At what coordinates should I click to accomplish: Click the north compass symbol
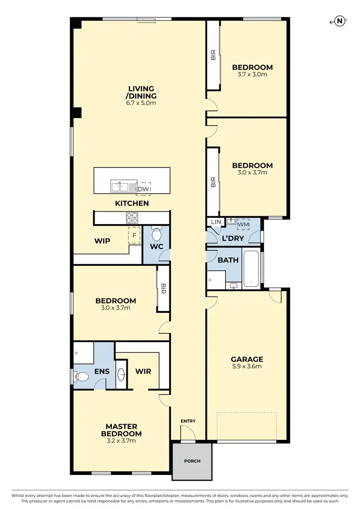pyautogui.click(x=339, y=21)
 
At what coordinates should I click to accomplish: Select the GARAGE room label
pyautogui.click(x=247, y=359)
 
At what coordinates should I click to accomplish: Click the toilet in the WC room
pyautogui.click(x=156, y=235)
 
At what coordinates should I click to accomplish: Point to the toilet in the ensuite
pyautogui.click(x=82, y=376)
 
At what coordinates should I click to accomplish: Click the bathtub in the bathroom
pyautogui.click(x=251, y=269)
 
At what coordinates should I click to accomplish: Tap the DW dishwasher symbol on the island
pyautogui.click(x=144, y=189)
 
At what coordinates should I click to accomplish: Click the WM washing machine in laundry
pyautogui.click(x=244, y=224)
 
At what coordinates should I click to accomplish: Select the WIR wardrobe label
pyautogui.click(x=144, y=371)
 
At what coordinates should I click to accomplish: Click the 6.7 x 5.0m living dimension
pyautogui.click(x=141, y=103)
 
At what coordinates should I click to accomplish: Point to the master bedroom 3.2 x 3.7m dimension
pyautogui.click(x=121, y=440)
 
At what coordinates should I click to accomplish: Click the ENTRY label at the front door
pyautogui.click(x=188, y=421)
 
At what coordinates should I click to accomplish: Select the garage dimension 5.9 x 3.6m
pyautogui.click(x=247, y=367)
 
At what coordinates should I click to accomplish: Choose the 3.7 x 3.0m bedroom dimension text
pyautogui.click(x=252, y=74)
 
